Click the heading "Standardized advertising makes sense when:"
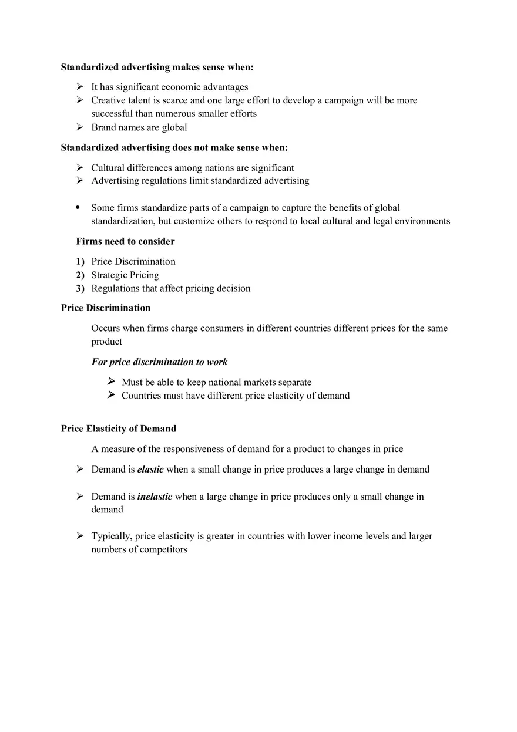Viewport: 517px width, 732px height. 157,68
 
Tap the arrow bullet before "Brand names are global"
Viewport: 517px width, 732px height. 80,127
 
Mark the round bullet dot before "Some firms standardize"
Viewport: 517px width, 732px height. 78,208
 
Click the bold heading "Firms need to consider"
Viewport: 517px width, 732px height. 125,241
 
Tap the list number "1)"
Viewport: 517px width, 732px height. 80,262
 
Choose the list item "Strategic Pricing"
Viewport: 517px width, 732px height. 125,275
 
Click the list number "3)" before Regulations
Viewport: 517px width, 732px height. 80,289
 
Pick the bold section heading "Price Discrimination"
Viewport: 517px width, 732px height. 106,308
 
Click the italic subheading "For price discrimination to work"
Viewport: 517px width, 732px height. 159,362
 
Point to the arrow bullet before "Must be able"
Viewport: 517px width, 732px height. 111,382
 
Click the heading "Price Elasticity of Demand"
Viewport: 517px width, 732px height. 119,429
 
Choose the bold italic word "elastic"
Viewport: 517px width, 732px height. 150,470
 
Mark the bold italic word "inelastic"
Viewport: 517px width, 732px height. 155,497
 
